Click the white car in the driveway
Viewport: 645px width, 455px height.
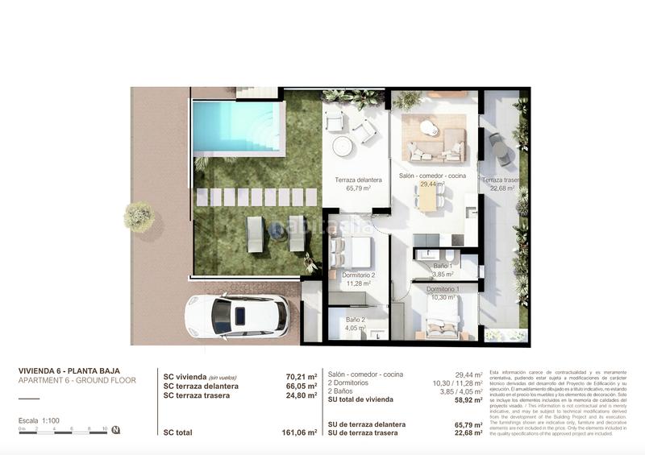(237, 316)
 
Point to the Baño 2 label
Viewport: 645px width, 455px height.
(356, 319)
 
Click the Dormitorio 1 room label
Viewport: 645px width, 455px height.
(443, 288)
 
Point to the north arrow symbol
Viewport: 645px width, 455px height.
(117, 429)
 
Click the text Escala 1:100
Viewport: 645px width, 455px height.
(39, 420)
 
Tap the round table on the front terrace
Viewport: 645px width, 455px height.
(343, 146)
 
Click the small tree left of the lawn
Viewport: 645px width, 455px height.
(139, 216)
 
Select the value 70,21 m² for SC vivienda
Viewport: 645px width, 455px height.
(300, 375)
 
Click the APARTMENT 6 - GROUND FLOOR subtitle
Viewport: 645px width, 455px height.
(77, 380)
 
